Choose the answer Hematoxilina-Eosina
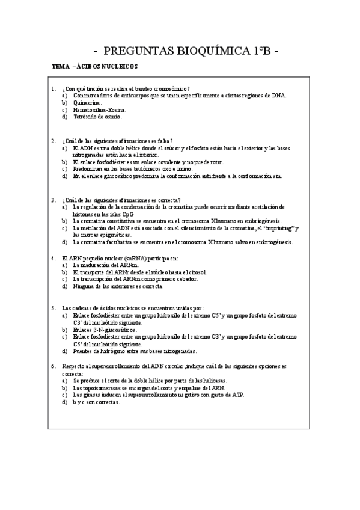click(99, 110)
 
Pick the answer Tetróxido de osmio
click(97, 117)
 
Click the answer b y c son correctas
click(96, 402)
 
